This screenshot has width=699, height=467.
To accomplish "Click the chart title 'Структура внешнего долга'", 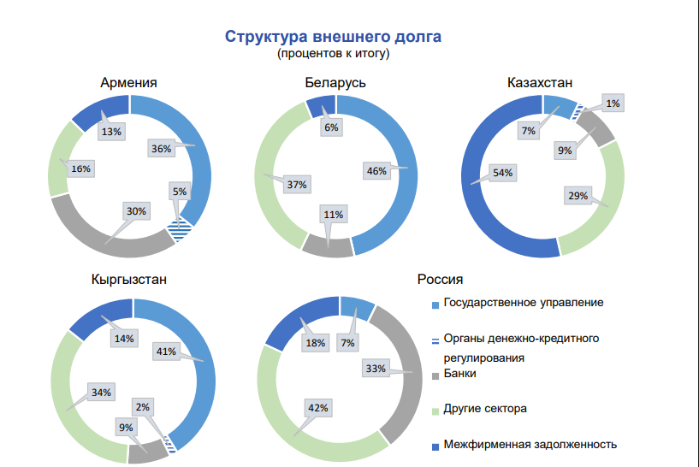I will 333,37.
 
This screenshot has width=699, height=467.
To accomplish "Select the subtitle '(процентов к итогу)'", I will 333,54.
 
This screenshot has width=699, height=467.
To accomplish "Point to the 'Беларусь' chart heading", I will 335,82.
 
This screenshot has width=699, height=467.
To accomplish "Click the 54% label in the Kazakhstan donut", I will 502,173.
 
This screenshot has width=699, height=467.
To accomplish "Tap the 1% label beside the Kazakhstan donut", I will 613,103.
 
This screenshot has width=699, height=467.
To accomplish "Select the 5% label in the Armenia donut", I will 180,192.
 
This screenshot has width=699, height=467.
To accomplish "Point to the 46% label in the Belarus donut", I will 376,171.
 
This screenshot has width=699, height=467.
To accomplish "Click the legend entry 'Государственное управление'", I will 524,302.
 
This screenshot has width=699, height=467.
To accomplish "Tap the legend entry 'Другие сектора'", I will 484,409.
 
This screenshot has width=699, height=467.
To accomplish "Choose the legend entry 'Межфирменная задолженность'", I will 530,444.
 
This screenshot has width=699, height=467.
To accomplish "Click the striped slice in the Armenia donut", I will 180,229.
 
